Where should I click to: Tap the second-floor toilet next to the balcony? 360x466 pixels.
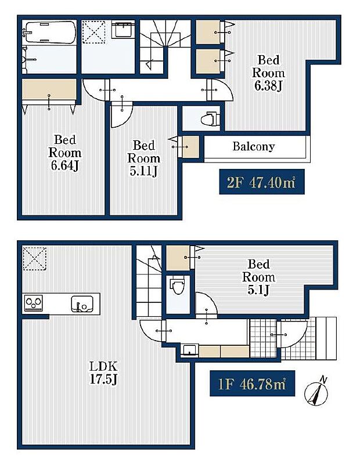[207, 120]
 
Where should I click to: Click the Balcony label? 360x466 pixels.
[253, 147]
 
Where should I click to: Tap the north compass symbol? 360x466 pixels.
[318, 392]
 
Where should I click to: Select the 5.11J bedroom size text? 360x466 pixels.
[143, 172]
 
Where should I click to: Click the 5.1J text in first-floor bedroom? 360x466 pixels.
[258, 290]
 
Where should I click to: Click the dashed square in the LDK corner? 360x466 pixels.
[34, 258]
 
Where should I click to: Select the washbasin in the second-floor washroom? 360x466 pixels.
[123, 30]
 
